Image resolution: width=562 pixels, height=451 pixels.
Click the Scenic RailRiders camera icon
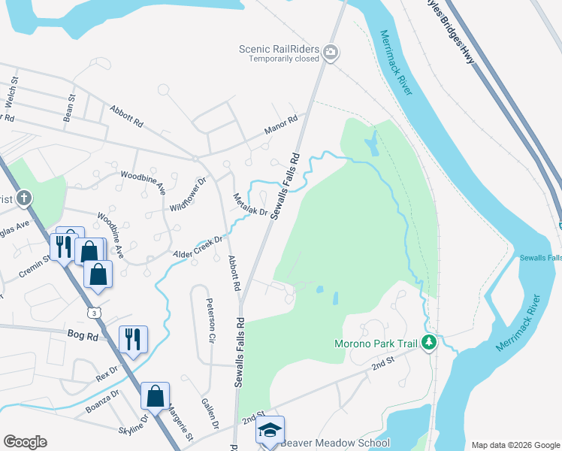click(x=332, y=52)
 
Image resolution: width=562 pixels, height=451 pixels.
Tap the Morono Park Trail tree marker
click(x=429, y=343)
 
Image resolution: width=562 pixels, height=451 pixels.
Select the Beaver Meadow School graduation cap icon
click(x=270, y=431)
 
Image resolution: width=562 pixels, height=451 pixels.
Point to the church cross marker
click(x=24, y=198)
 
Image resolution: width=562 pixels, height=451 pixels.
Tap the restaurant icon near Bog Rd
click(x=133, y=339)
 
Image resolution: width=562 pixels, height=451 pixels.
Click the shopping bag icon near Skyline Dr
click(x=155, y=396)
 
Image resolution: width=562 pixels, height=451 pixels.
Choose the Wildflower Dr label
click(x=188, y=195)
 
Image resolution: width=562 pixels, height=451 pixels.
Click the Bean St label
click(x=70, y=107)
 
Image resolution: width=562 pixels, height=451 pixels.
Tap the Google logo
click(x=25, y=442)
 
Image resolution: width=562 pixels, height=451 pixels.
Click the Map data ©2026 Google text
click(x=514, y=445)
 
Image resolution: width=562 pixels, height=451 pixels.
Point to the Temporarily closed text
click(x=284, y=59)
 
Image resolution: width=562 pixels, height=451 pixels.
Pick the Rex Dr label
click(x=107, y=374)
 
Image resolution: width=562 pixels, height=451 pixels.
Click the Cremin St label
click(x=35, y=268)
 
